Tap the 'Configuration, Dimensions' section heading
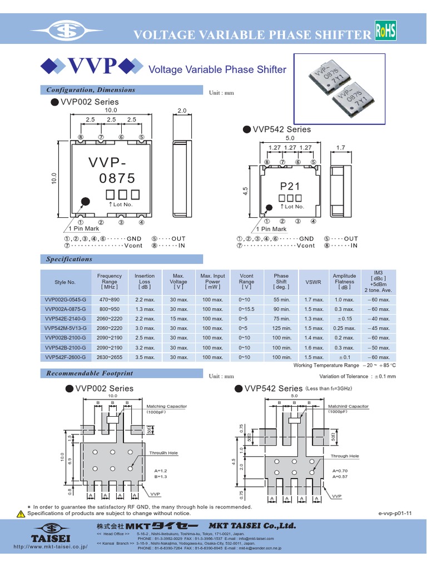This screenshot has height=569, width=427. (90, 90)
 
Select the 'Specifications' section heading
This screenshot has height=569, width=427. (69, 259)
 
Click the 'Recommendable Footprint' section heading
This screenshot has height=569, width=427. (90, 373)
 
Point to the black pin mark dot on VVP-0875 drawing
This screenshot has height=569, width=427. (85, 201)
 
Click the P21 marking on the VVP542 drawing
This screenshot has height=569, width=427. (290, 187)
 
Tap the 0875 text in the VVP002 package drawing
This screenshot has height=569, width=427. (117, 178)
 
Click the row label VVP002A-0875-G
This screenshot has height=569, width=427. (65, 309)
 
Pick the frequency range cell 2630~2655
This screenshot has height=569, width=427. (110, 357)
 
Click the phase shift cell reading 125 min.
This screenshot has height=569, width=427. (282, 328)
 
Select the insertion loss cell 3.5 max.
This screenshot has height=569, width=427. (145, 357)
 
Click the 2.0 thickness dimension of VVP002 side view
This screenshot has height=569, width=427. (183, 111)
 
